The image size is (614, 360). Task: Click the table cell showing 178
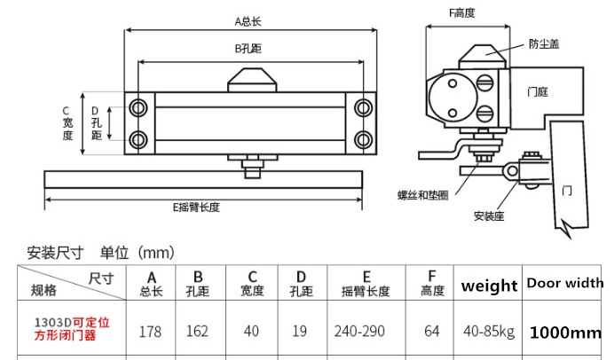tap(150, 332)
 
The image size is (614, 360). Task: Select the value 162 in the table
tap(197, 332)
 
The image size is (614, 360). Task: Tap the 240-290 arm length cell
tap(359, 332)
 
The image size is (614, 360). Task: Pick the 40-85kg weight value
tap(489, 332)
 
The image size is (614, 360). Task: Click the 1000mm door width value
tap(565, 333)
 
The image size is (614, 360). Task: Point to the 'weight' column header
tap(489, 286)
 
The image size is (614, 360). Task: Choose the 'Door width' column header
tap(565, 283)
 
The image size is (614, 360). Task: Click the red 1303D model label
tap(72, 329)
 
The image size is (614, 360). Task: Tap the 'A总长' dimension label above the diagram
tap(248, 21)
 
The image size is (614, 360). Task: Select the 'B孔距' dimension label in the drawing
tap(248, 49)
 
